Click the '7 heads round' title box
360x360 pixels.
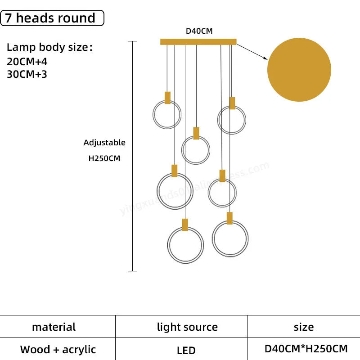[52, 18]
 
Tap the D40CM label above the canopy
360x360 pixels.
[199, 31]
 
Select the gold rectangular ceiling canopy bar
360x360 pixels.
[198, 42]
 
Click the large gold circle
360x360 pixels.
[299, 70]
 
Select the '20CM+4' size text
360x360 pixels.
[27, 62]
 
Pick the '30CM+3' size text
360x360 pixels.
[27, 74]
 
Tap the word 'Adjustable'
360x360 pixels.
[104, 143]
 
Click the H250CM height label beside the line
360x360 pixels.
[104, 158]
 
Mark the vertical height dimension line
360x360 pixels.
[132, 157]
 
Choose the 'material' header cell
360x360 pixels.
[54, 327]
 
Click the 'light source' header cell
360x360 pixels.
[187, 327]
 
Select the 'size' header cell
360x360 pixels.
[304, 327]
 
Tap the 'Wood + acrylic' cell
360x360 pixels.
[58, 349]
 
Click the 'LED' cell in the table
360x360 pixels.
[186, 350]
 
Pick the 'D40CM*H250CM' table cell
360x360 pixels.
[306, 348]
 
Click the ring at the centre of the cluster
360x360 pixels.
[196, 150]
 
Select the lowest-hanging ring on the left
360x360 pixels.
[185, 245]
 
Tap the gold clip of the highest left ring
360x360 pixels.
[167, 98]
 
